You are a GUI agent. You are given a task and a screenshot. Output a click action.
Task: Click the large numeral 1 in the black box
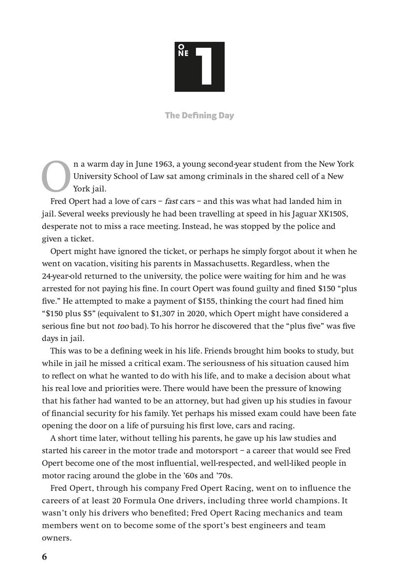[x=205, y=66]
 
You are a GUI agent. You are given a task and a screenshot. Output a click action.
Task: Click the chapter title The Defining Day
[x=199, y=116]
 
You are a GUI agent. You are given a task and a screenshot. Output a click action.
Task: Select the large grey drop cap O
[x=56, y=176]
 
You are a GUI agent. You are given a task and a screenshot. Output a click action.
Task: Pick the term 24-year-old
[x=65, y=276]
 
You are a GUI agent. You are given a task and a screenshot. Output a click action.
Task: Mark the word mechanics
[x=287, y=513]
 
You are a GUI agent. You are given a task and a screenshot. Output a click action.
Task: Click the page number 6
[x=44, y=557]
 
